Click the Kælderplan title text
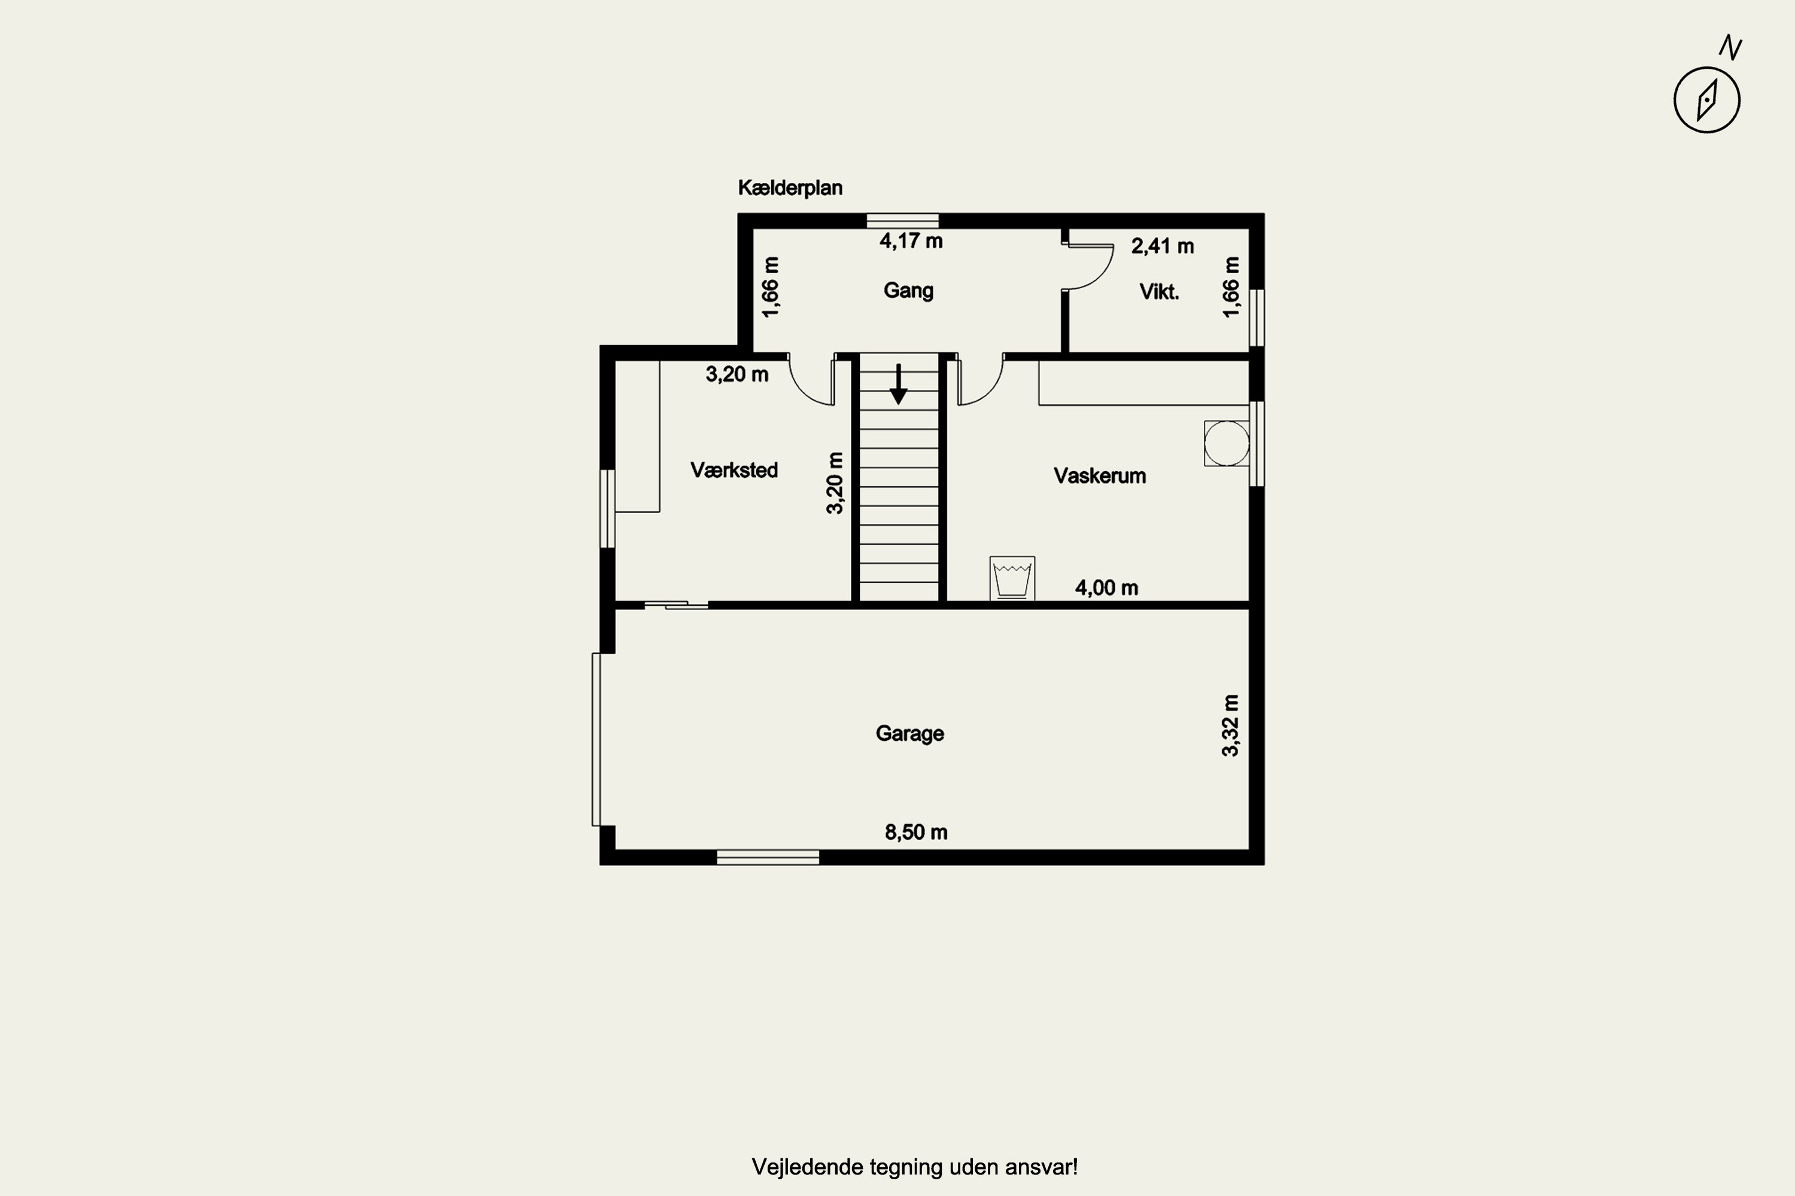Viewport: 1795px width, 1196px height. click(790, 188)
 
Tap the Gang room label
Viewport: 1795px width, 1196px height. click(908, 291)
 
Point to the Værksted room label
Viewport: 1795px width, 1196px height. click(734, 470)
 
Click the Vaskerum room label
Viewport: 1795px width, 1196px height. click(1100, 476)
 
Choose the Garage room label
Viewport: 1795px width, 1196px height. click(909, 734)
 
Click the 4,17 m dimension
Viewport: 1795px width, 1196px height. click(911, 241)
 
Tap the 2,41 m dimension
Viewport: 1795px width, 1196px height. click(1163, 246)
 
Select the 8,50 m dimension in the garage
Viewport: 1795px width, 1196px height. click(916, 832)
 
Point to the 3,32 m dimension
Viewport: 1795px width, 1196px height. click(1230, 725)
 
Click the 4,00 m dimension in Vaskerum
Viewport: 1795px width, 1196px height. click(1106, 588)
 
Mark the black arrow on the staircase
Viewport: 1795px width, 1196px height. click(899, 385)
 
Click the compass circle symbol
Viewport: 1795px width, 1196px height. click(1706, 100)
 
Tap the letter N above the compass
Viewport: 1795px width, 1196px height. click(1730, 47)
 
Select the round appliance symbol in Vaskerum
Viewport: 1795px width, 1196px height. click(1227, 443)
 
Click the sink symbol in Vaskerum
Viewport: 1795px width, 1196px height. click(1012, 578)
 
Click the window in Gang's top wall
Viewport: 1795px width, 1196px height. click(903, 221)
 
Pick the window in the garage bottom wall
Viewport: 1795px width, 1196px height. click(768, 858)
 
